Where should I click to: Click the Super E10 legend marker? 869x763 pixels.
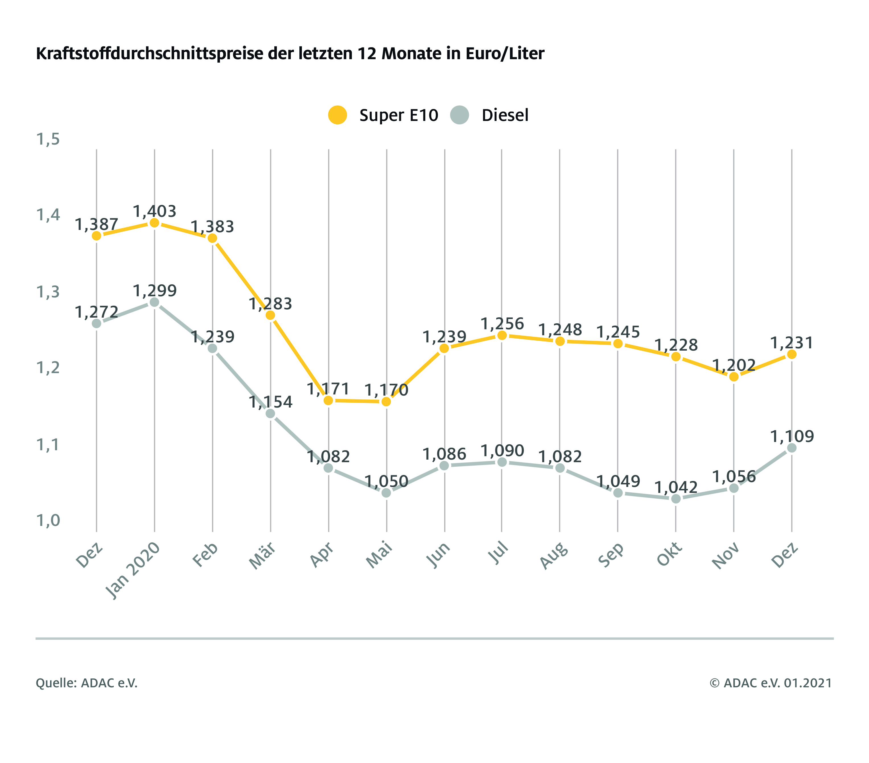click(x=337, y=115)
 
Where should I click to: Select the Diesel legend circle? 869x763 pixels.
click(x=459, y=115)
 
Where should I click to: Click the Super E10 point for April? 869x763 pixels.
click(x=328, y=400)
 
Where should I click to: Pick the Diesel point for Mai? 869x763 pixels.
click(x=386, y=493)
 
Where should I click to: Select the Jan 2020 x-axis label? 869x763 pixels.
click(x=133, y=570)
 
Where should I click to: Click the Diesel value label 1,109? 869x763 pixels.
click(x=792, y=436)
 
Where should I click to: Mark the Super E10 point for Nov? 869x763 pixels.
click(x=734, y=377)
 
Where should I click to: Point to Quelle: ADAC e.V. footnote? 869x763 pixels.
click(x=87, y=683)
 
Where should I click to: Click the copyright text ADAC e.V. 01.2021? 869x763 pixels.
click(x=770, y=683)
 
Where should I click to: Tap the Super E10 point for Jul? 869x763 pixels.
click(x=502, y=335)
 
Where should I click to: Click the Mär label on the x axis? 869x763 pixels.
click(x=262, y=556)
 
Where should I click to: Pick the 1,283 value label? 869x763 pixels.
click(x=270, y=304)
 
